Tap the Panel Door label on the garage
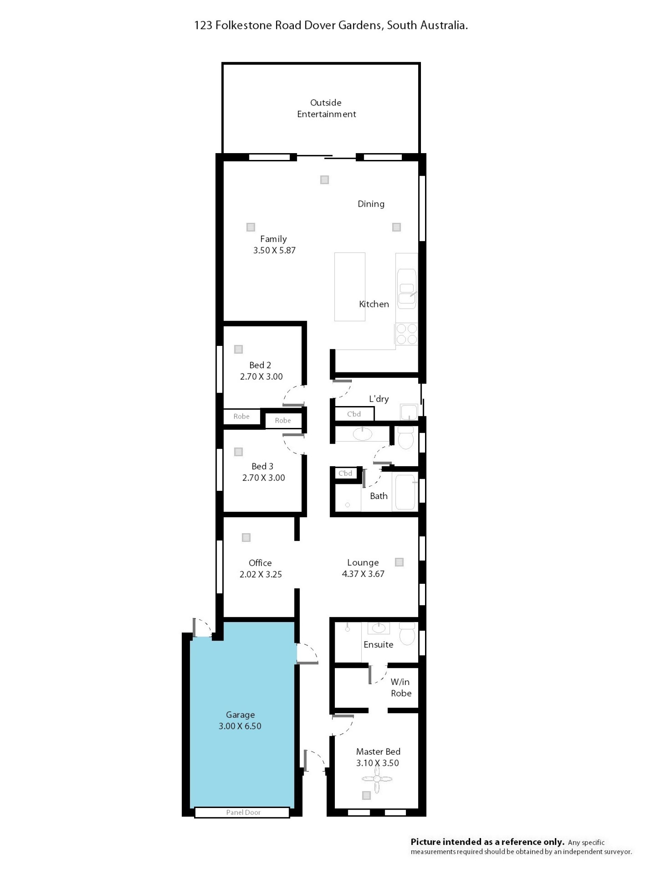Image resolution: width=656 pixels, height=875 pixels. click(x=243, y=812)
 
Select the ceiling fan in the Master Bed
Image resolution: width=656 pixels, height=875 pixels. click(x=377, y=779)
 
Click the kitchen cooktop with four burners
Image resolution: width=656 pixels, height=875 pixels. click(x=407, y=334)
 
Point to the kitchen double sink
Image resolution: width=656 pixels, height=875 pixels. click(x=407, y=289)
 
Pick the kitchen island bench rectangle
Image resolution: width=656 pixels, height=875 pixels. click(x=350, y=287)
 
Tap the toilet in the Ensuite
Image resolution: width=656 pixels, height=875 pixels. click(x=407, y=633)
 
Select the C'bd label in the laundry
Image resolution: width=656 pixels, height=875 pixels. click(x=354, y=414)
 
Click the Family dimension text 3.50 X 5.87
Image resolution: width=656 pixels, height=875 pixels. click(x=274, y=251)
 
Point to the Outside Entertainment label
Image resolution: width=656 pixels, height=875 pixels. click(x=326, y=108)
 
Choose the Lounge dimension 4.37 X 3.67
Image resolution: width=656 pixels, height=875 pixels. click(x=363, y=574)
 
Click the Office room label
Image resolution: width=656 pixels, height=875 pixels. click(x=260, y=563)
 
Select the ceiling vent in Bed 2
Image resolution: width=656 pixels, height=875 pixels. click(x=238, y=349)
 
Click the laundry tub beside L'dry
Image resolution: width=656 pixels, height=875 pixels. click(x=409, y=412)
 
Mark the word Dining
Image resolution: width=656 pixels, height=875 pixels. click(x=371, y=204)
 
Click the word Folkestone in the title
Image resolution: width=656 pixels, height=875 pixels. click(x=244, y=25)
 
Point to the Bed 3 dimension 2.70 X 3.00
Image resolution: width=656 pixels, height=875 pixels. click(x=263, y=478)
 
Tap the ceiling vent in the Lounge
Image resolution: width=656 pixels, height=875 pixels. click(x=399, y=562)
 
